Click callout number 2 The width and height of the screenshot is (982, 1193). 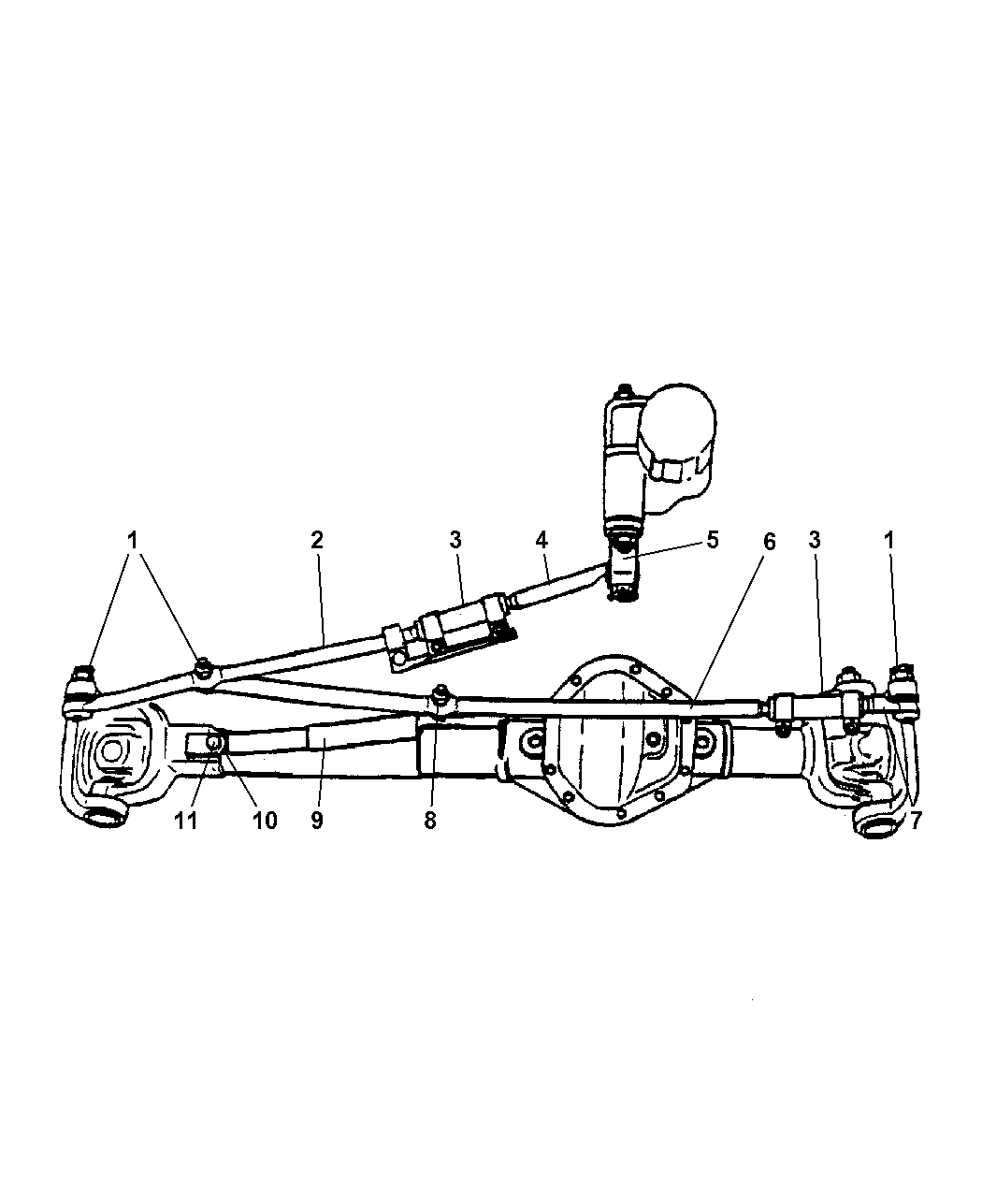click(317, 540)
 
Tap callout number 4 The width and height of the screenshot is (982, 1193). click(542, 540)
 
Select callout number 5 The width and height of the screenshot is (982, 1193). click(712, 540)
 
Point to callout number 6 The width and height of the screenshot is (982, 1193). click(770, 542)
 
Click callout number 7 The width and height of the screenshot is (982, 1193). click(916, 822)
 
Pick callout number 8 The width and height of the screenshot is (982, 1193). click(430, 822)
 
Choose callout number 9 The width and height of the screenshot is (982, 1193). click(317, 822)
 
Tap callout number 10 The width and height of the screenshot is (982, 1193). click(265, 822)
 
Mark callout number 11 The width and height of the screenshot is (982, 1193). click(186, 822)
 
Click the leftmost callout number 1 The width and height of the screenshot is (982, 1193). click(133, 540)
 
